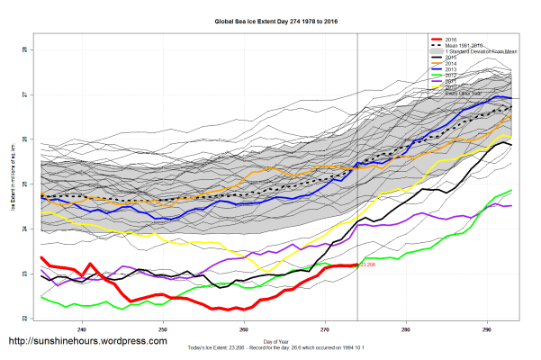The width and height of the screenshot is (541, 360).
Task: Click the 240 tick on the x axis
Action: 83,328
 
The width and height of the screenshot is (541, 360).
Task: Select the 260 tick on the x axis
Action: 244,328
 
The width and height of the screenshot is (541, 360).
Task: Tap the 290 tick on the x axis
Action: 487,328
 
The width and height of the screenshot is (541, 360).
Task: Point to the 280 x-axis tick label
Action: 406,328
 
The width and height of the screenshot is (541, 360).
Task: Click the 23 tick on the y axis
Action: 24,274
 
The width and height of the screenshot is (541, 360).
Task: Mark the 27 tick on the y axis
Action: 24,94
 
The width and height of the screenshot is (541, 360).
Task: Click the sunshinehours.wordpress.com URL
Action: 87,342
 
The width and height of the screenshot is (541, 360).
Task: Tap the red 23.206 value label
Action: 367,265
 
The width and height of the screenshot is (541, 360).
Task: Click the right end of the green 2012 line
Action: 512,191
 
